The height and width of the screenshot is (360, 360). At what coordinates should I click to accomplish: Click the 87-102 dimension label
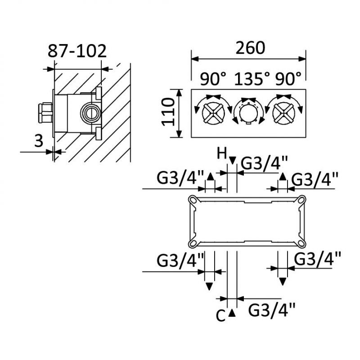pos(77,50)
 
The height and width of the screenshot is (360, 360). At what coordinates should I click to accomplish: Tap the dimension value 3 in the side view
pos(39,141)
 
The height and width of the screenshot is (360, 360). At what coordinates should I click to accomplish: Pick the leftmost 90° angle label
pos(213,80)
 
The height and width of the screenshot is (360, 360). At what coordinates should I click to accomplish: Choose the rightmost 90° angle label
pos(288,80)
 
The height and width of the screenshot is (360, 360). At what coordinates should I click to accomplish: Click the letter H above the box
pos(221,154)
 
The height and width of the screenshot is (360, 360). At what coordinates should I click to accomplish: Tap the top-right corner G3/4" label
pos(315,180)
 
